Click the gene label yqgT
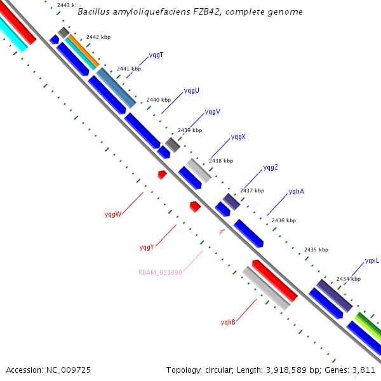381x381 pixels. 156,55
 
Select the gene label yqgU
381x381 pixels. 191,91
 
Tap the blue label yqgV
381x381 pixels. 213,112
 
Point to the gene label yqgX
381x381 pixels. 238,137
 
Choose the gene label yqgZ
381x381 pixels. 271,168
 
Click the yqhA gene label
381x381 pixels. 296,191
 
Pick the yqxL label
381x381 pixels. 371,261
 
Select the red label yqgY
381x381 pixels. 147,247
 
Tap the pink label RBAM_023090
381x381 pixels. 160,272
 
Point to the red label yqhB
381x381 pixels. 228,322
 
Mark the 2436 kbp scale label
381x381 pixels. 283,220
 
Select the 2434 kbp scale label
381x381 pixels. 348,279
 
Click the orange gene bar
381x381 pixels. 83,51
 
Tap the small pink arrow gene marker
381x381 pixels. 222,232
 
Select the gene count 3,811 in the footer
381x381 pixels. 363,370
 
